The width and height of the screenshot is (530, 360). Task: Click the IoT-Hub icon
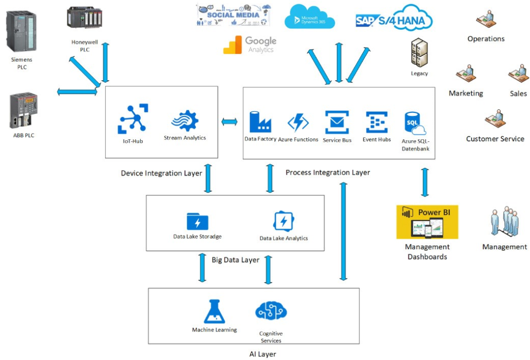[x=133, y=119]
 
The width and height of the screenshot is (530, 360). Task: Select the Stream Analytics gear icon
[x=185, y=122]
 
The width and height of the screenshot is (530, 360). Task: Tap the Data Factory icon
[x=260, y=122]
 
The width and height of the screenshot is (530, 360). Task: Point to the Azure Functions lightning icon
[x=298, y=123]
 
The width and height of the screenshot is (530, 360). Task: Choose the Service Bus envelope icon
[x=337, y=122]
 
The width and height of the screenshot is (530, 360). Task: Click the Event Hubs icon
[x=376, y=123]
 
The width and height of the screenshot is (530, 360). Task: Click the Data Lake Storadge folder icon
[x=197, y=221]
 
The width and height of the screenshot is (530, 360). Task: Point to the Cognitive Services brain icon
[x=271, y=311]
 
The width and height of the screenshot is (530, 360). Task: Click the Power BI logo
[x=427, y=222]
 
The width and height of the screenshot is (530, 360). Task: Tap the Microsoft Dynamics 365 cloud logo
[x=310, y=17]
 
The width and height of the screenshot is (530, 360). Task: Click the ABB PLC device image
[x=24, y=110]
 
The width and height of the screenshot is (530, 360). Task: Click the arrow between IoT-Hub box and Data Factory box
[x=230, y=122]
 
